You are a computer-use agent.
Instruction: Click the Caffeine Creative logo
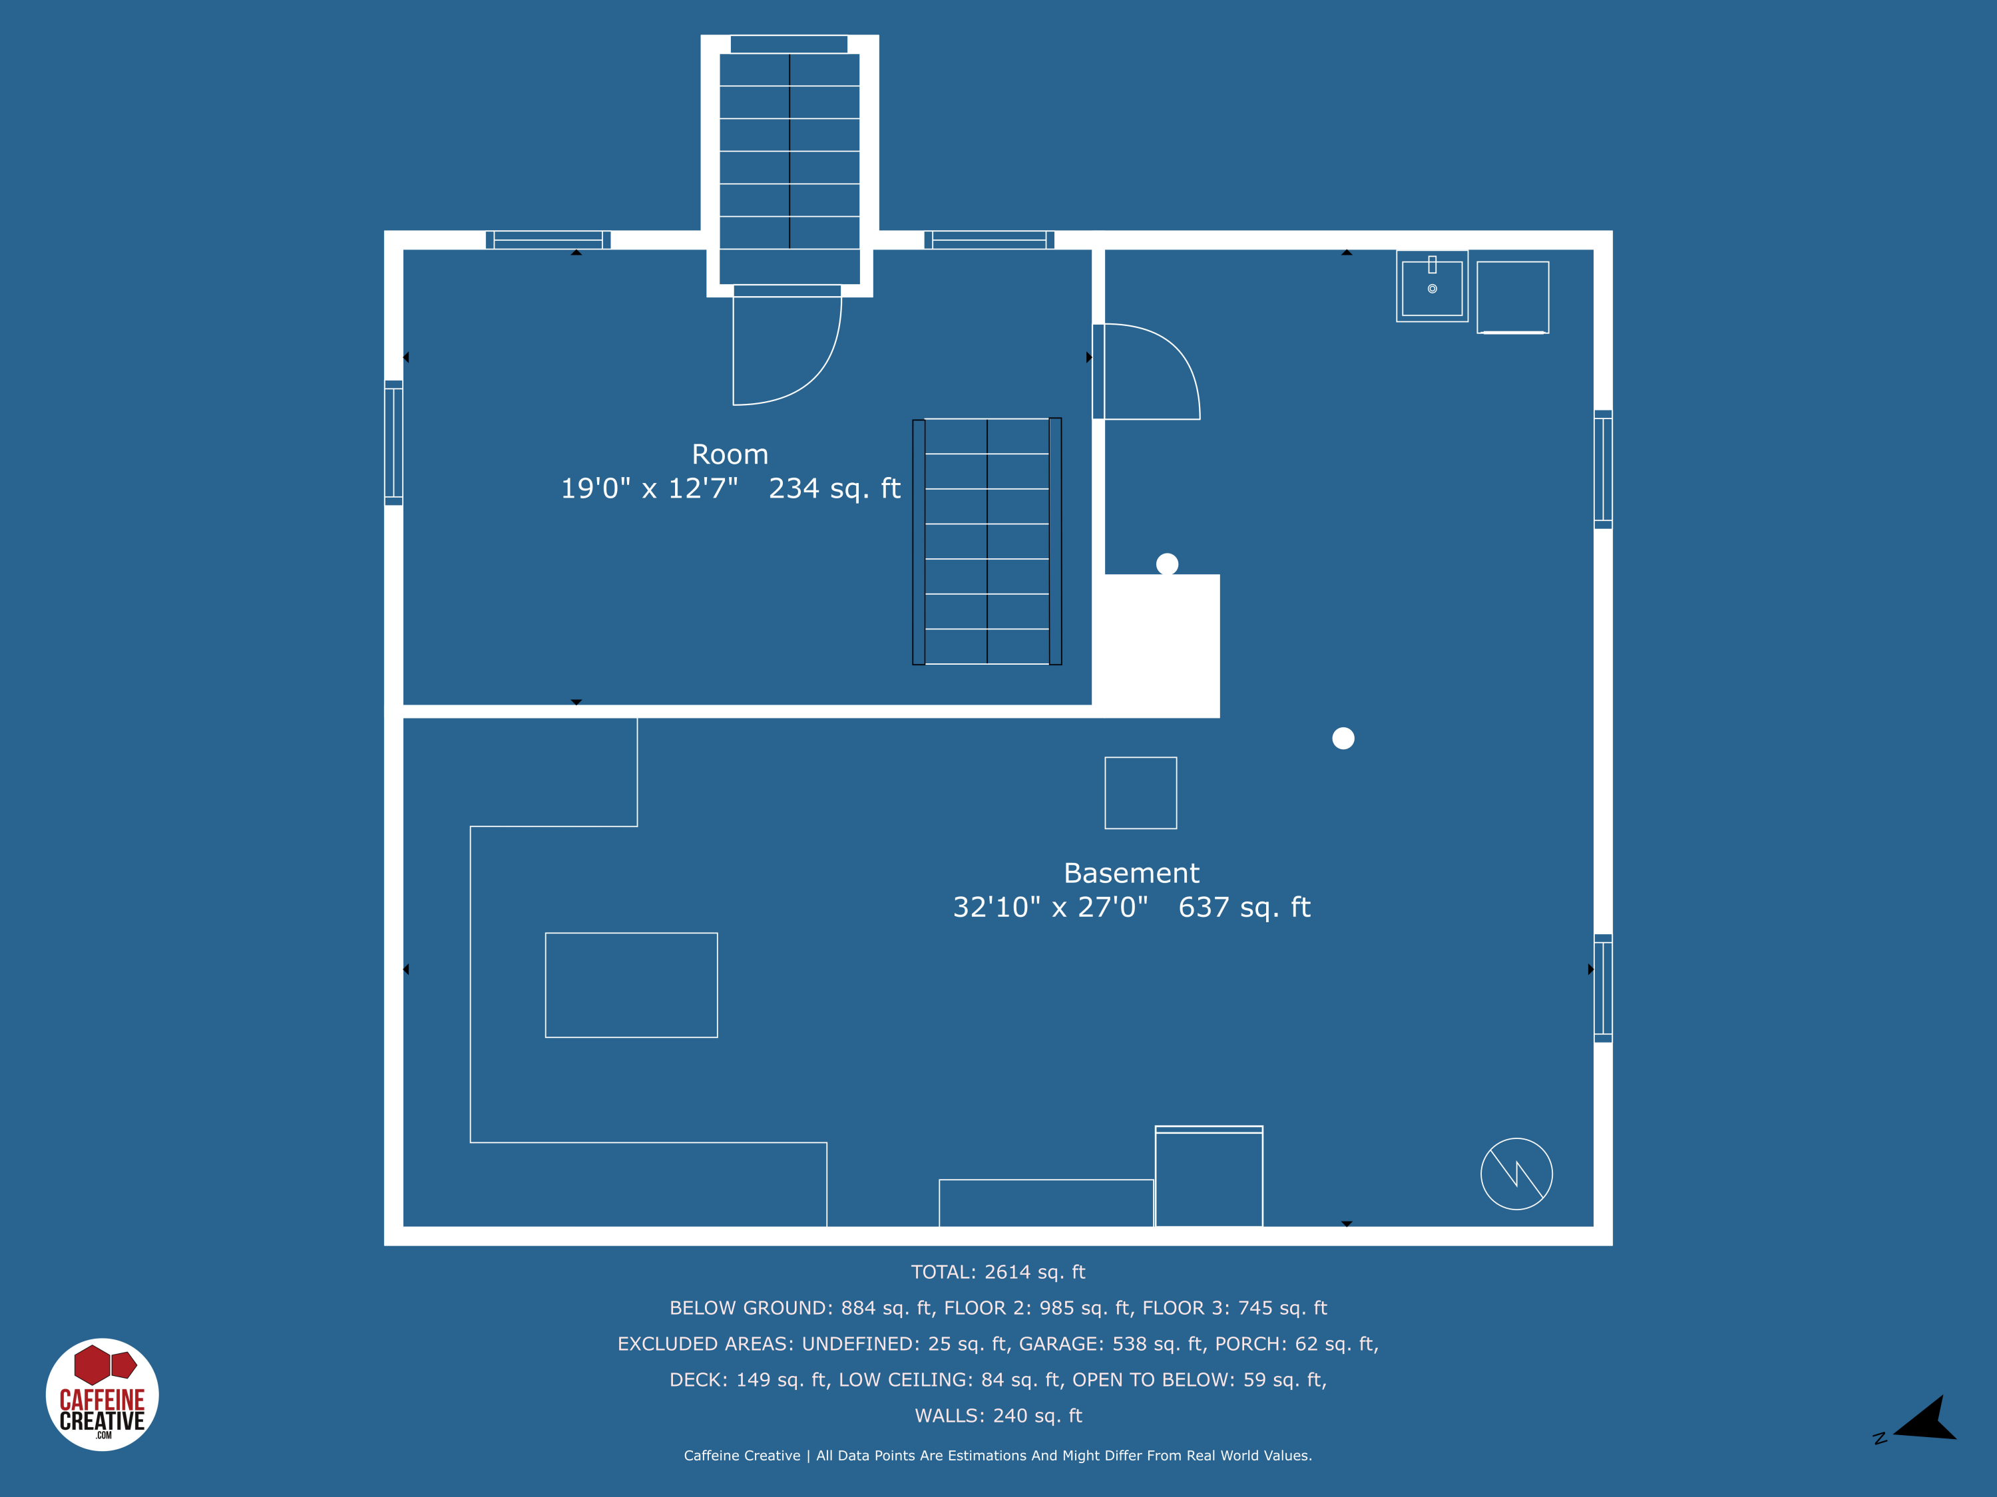102,1394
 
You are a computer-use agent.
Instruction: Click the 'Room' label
730,454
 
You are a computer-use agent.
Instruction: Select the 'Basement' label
1131,872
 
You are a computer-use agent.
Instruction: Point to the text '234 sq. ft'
834,488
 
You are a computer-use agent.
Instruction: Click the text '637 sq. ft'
1244,907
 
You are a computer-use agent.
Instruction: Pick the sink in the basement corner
1432,287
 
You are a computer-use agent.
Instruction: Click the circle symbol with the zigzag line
1516,1174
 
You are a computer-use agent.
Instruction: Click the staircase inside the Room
987,542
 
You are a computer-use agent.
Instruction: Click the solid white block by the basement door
1161,645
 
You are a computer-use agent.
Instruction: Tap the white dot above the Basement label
1343,738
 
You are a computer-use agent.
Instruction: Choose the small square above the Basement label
1140,792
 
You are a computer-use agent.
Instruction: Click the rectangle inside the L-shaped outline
631,985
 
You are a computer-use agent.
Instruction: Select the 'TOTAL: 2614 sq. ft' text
998,1271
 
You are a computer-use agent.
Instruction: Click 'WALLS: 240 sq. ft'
998,1416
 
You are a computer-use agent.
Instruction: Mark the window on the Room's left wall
393,442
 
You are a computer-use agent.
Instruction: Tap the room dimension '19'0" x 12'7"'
649,488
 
